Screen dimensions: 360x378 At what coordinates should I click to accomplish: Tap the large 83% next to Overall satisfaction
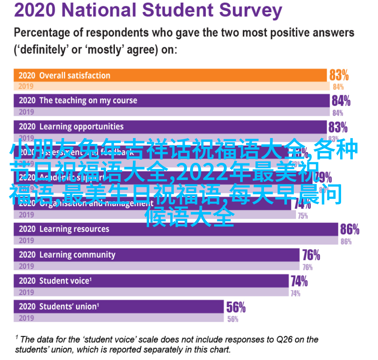(339, 75)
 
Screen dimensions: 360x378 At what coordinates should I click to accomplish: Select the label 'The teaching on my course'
(88, 101)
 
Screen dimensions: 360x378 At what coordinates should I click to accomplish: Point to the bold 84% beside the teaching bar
(341, 101)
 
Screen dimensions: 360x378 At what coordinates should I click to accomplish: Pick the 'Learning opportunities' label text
(81, 127)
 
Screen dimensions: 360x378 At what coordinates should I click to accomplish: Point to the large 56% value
(236, 308)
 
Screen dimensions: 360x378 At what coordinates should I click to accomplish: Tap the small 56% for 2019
(232, 319)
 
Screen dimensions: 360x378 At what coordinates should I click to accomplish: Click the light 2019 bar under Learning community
(158, 267)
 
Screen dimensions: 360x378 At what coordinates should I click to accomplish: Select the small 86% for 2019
(346, 241)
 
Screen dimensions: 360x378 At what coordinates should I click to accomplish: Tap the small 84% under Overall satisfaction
(338, 87)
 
